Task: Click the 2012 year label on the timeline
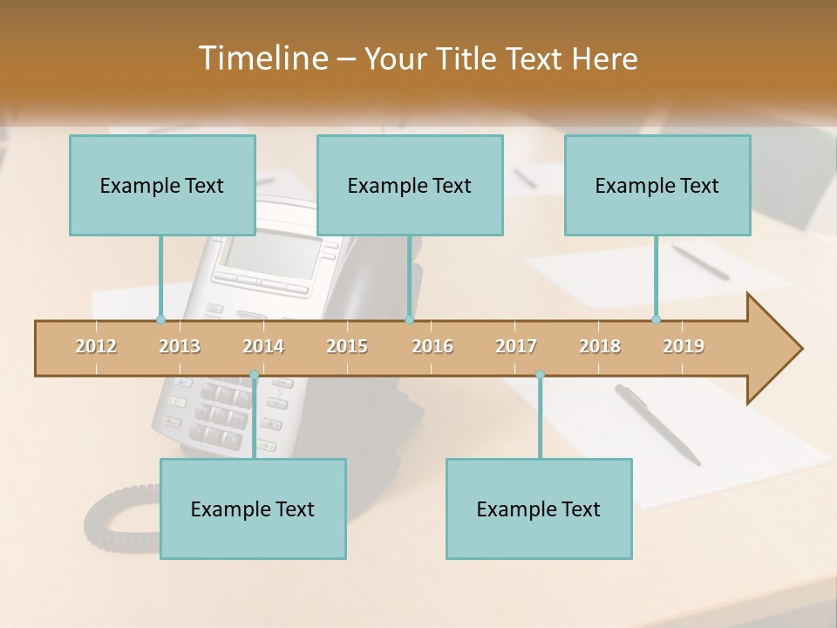[96, 346]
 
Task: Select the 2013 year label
[180, 346]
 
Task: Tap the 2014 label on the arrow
[263, 346]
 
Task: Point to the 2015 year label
[347, 346]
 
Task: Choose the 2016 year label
[432, 346]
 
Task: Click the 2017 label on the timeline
[516, 346]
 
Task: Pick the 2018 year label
[600, 346]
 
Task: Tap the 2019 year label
[684, 346]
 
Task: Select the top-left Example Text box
[162, 185]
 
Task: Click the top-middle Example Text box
[410, 185]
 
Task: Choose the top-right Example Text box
[657, 185]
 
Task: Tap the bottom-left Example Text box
[253, 509]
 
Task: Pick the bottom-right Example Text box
[539, 509]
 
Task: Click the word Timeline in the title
[262, 58]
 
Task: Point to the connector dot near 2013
[160, 319]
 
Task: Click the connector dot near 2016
[409, 319]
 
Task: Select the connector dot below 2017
[540, 375]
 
